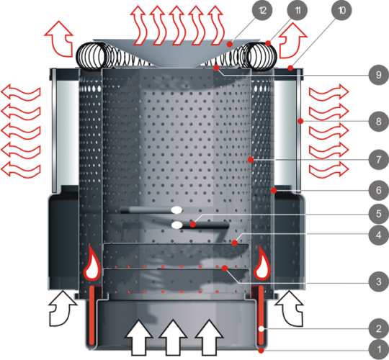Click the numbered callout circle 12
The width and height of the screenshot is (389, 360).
pyautogui.click(x=262, y=10)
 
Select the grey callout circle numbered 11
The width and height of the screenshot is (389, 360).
pyautogui.click(x=298, y=10)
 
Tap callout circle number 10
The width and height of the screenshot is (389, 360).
pyautogui.click(x=341, y=10)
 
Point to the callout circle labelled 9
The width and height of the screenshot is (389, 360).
pyautogui.click(x=379, y=75)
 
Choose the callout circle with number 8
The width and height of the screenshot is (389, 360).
pyautogui.click(x=379, y=122)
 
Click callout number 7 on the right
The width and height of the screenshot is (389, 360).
pyautogui.click(x=379, y=159)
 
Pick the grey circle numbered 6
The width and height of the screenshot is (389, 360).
pyautogui.click(x=379, y=190)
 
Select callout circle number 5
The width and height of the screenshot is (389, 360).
pyautogui.click(x=379, y=213)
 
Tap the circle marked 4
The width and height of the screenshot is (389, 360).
pyautogui.click(x=379, y=235)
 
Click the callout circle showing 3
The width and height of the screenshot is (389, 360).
pyautogui.click(x=379, y=282)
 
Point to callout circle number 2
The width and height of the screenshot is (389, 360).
pyautogui.click(x=379, y=329)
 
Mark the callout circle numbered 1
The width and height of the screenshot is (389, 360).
pyautogui.click(x=379, y=350)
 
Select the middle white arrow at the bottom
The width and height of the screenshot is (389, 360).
pyautogui.click(x=173, y=337)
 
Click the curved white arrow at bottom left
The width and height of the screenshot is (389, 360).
pyautogui.click(x=61, y=309)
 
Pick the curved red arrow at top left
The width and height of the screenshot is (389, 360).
pyautogui.click(x=60, y=38)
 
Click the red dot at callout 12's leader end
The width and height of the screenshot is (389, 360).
pyautogui.click(x=230, y=45)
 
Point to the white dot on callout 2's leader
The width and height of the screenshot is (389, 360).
pyautogui.click(x=261, y=329)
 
